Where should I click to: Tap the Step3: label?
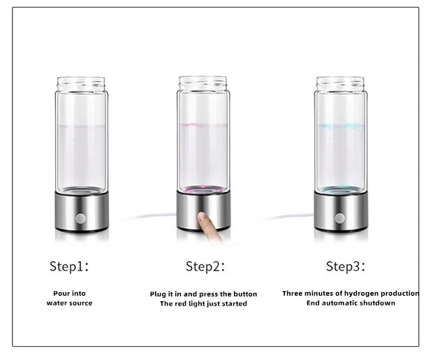pos(346,266)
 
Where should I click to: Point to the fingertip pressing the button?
pos(203,219)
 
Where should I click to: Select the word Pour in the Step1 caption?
pos(61,294)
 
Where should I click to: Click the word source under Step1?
pos(80,303)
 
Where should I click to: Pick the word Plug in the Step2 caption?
pos(159,294)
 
